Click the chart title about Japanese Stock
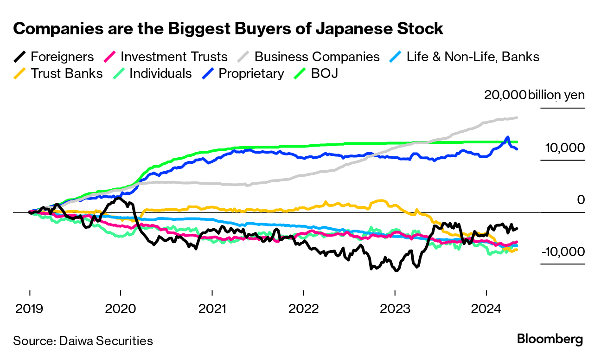(228, 29)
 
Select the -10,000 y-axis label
(563, 252)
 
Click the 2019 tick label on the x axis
(30, 308)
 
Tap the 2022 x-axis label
(303, 308)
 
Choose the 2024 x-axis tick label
(486, 308)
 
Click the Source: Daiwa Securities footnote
(83, 341)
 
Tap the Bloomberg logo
(550, 339)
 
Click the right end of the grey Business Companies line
(517, 118)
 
